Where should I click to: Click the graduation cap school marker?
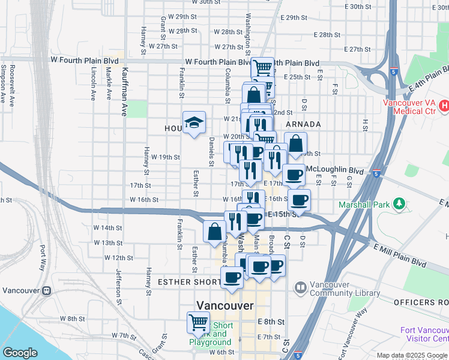194,123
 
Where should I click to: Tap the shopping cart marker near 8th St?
198,323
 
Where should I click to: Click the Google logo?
20,353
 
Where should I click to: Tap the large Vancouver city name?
225,305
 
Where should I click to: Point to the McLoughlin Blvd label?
335,170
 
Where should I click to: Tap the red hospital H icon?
444,107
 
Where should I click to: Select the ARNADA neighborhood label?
303,124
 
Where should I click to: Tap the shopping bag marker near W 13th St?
214,232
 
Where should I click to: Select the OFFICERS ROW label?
421,302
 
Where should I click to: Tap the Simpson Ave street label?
11,84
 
